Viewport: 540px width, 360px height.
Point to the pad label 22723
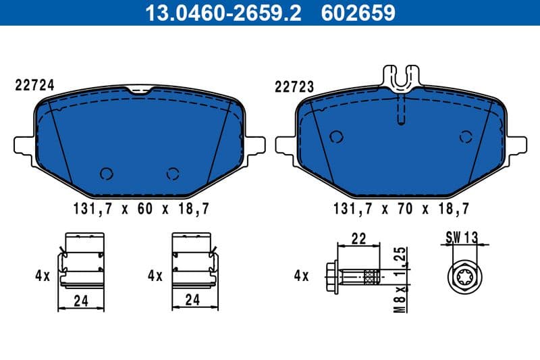click(294, 86)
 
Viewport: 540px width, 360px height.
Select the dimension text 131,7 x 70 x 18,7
click(400, 209)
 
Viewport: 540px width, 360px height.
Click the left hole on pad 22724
click(105, 173)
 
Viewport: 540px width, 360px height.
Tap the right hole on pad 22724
click(173, 173)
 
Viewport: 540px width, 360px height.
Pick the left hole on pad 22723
click(335, 136)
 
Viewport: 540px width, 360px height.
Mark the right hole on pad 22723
click(465, 136)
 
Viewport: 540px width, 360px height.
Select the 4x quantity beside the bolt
click(302, 276)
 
